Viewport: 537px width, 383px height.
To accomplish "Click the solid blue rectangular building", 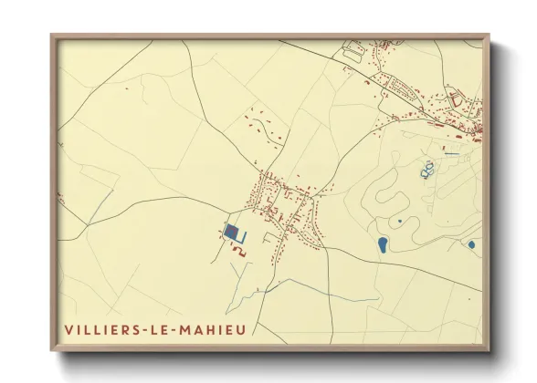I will (234, 234).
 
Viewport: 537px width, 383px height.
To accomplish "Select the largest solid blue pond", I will (382, 244).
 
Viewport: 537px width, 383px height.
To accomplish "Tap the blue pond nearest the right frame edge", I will (471, 244).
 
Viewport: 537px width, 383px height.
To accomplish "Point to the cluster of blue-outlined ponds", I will (426, 169).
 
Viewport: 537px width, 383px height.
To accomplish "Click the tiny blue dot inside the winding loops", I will (399, 221).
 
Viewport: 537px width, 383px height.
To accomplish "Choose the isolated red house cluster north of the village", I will (264, 129).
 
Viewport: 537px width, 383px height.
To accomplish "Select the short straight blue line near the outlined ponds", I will (450, 154).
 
